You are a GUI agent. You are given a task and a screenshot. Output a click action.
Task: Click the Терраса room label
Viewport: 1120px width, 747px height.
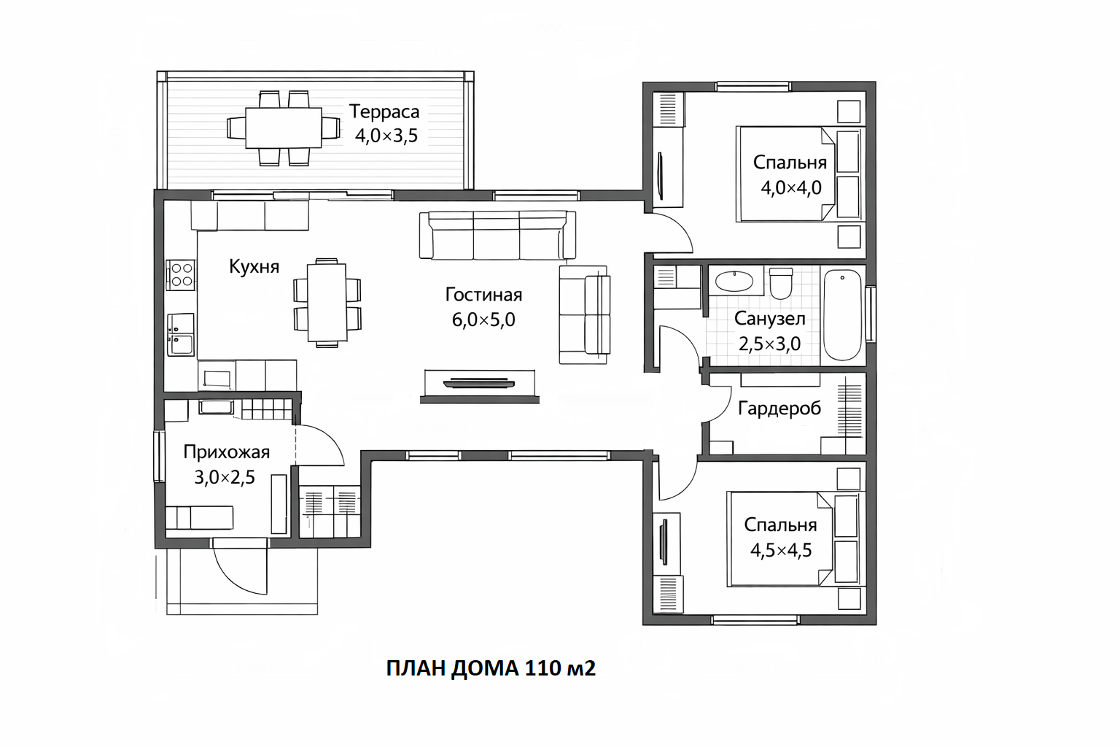(384, 112)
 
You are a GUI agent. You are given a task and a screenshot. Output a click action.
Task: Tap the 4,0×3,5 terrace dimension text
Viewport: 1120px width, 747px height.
(386, 136)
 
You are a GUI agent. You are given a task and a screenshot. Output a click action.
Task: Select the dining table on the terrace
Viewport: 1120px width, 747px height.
(284, 128)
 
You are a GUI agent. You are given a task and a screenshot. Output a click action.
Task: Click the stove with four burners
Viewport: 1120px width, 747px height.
(181, 275)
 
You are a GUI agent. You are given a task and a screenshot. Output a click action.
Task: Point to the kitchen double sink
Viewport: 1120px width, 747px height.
(181, 335)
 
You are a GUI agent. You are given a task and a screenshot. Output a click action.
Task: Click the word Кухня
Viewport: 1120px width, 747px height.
(254, 267)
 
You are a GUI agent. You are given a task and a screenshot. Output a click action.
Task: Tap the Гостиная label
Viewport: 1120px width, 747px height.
(483, 295)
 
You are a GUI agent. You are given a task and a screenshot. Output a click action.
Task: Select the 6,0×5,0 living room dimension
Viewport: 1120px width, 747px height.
(483, 320)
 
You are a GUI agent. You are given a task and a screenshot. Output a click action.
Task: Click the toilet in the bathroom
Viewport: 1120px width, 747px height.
(781, 283)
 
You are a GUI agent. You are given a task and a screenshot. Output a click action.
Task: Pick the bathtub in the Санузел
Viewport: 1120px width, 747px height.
(842, 314)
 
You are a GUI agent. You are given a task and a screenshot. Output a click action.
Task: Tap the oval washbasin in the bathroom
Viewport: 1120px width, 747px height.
(734, 282)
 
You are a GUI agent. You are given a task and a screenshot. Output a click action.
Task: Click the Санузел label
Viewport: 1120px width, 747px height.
(769, 319)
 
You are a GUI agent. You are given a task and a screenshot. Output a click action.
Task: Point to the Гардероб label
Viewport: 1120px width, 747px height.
(779, 409)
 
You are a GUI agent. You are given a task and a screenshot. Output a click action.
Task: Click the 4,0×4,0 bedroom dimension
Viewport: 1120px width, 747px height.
(791, 187)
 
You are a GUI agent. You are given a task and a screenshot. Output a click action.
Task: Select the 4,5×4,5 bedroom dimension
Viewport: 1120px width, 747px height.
(781, 550)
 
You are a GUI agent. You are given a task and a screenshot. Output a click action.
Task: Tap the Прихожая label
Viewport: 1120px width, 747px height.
(227, 452)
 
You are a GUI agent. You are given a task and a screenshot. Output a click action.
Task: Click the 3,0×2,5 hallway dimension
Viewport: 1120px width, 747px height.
(225, 477)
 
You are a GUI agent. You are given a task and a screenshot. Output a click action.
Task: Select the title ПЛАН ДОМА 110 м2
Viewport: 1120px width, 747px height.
(491, 668)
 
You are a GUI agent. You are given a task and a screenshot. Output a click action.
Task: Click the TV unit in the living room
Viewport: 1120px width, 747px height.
(480, 386)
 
